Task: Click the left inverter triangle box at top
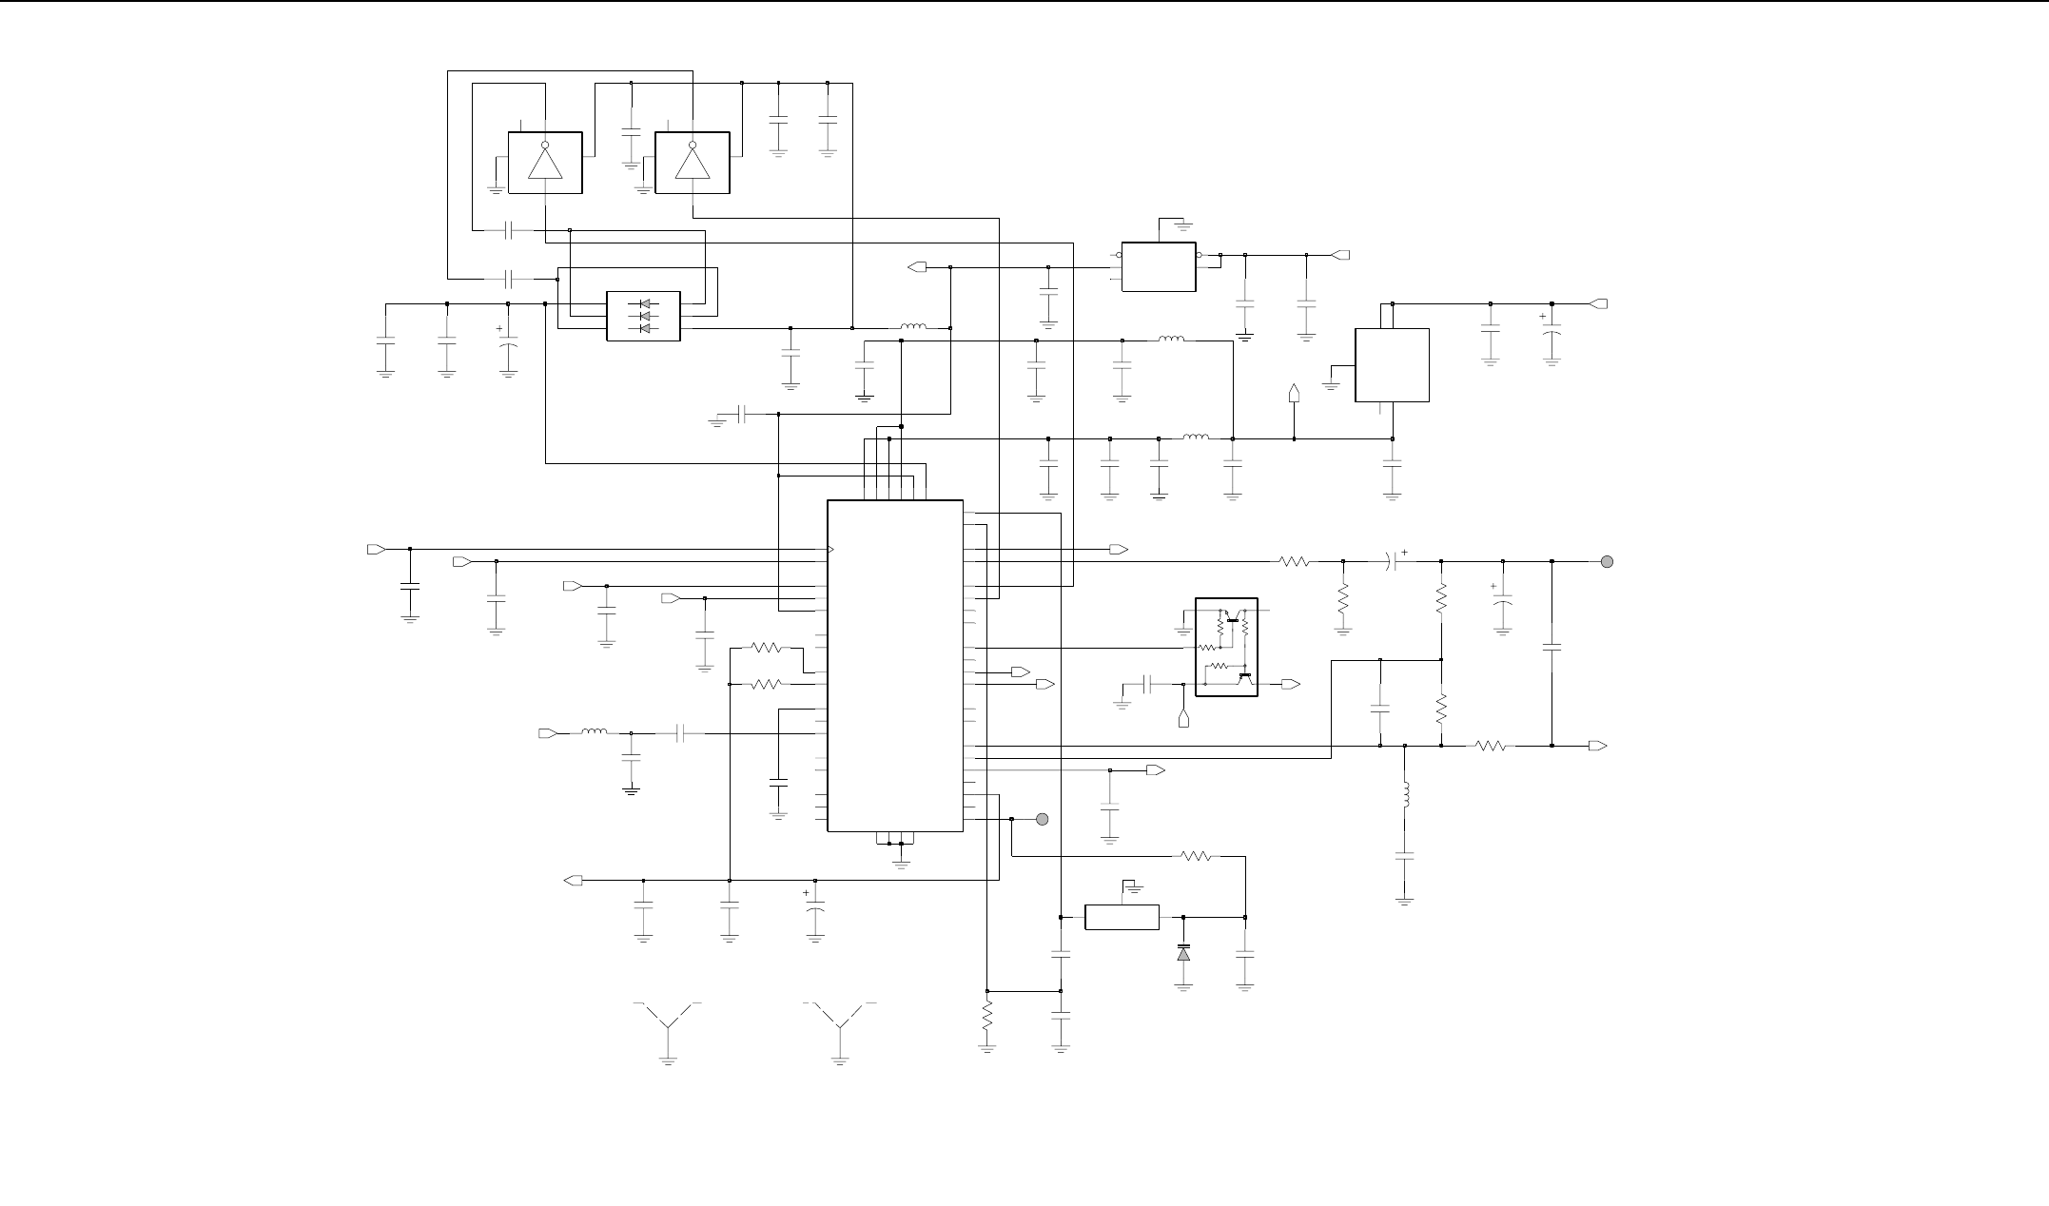[x=545, y=163]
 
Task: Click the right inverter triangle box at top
[x=693, y=163]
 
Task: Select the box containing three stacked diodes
[x=644, y=316]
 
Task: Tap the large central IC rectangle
[x=895, y=666]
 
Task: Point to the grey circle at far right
[x=1608, y=561]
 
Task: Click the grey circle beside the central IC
[x=1043, y=819]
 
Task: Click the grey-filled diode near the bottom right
[x=1183, y=952]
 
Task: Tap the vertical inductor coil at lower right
[x=1405, y=796]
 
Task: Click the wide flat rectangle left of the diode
[x=1122, y=918]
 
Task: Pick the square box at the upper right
[x=1392, y=365]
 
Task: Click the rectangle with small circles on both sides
[x=1159, y=266]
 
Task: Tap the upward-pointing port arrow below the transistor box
[x=1183, y=719]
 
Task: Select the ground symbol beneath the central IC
[x=901, y=862]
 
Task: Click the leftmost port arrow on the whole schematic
[x=376, y=550]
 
